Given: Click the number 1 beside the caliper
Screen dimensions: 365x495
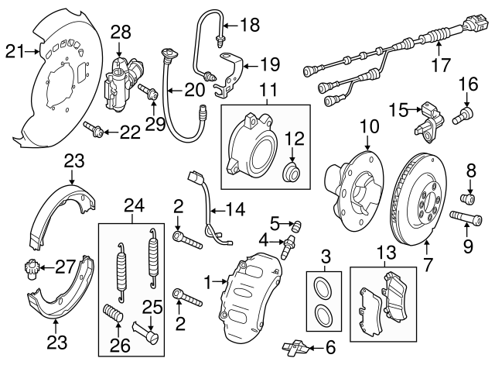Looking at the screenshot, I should point(207,280).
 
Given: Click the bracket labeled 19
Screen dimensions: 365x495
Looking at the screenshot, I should point(230,70).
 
